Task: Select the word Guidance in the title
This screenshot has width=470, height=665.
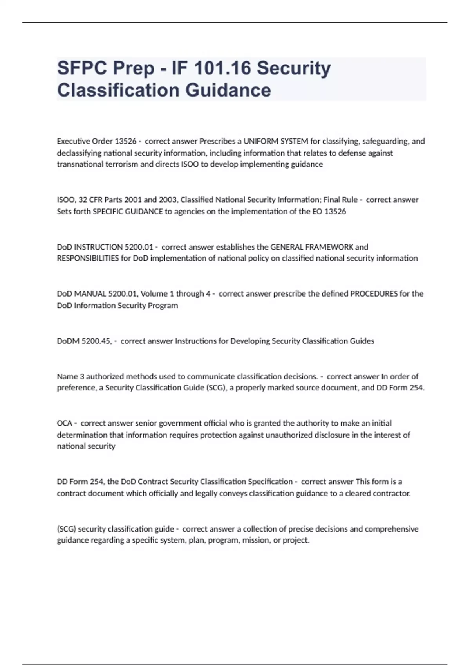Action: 228,90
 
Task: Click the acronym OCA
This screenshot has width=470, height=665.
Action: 65,423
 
